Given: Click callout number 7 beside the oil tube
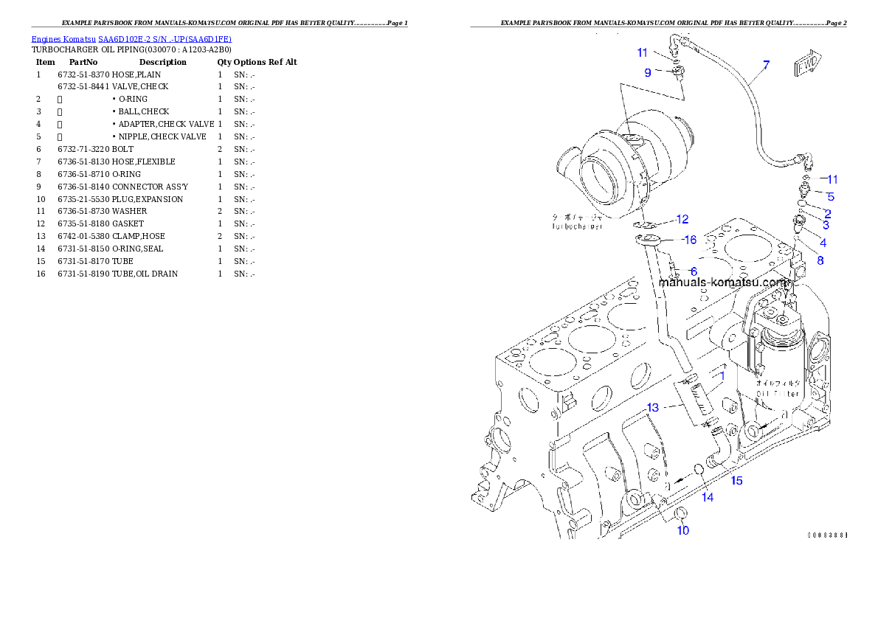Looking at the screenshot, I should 766,66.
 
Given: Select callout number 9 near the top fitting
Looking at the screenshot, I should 648,72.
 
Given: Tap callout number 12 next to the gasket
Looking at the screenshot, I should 682,219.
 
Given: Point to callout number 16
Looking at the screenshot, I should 689,240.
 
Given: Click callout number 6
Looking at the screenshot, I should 693,271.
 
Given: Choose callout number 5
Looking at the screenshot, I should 830,197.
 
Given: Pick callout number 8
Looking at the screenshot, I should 820,260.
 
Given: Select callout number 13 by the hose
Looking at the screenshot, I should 653,407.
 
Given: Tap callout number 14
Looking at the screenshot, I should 708,497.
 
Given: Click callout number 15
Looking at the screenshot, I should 736,481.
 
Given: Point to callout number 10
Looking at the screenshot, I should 683,530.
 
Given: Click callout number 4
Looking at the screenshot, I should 823,243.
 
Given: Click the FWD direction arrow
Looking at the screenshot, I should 806,66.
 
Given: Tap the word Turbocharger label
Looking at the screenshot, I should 577,227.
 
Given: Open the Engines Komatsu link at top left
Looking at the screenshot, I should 131,39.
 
